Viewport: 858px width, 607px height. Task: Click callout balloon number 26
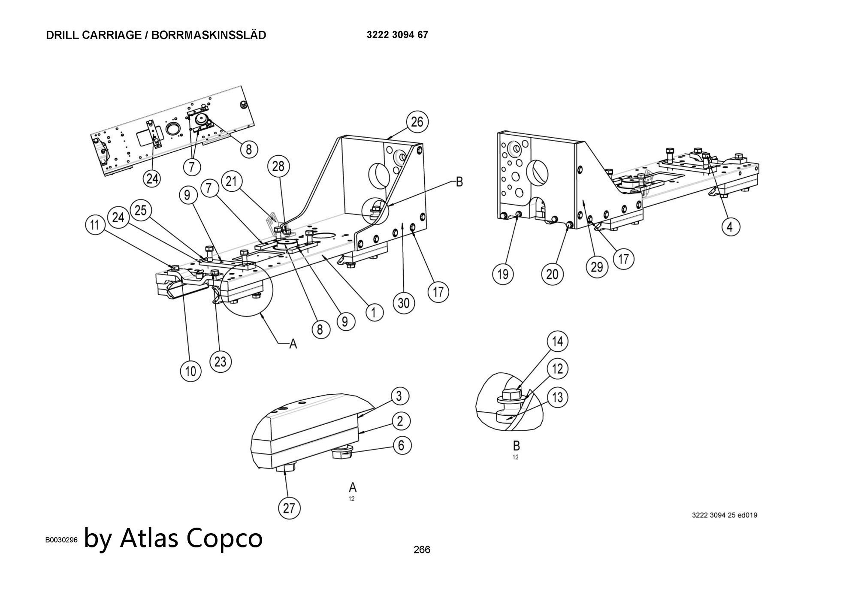(417, 122)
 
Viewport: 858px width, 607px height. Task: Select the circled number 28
(278, 166)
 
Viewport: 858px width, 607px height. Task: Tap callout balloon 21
(231, 181)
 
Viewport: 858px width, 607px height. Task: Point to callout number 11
(95, 225)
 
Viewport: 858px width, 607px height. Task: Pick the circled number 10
(190, 370)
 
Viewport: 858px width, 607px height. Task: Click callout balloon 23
(220, 362)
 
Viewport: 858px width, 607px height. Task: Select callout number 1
(374, 312)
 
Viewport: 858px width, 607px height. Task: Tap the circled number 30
(404, 303)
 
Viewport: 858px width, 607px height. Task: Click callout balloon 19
(503, 273)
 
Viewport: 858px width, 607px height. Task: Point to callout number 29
(597, 267)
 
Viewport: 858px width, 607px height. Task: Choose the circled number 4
(731, 226)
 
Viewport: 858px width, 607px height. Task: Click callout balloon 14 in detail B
(557, 341)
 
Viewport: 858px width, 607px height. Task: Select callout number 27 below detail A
(289, 508)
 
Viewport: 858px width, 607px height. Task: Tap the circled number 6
(401, 445)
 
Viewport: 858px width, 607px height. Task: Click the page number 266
(422, 550)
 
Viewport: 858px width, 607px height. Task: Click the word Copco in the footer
(225, 538)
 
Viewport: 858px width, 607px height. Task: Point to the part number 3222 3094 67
(397, 35)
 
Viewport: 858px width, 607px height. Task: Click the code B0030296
(61, 540)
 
